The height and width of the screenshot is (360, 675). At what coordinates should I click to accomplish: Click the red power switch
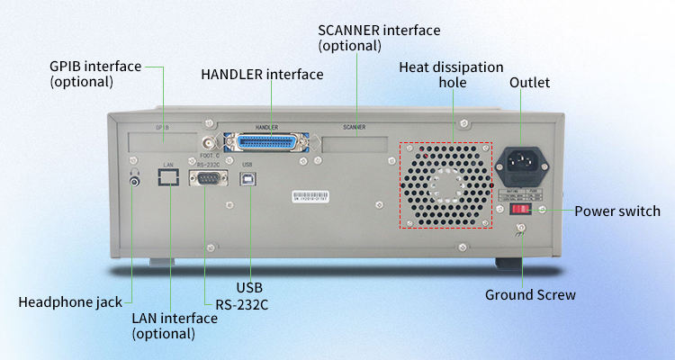[520, 209]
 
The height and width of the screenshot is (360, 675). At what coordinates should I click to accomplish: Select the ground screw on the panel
[520, 234]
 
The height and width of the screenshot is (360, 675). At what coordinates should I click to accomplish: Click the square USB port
[247, 179]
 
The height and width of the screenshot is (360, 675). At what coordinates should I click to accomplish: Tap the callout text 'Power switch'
[617, 211]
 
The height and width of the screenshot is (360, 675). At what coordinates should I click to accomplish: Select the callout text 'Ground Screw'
[530, 294]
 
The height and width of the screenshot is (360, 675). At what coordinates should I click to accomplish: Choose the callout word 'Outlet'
[529, 83]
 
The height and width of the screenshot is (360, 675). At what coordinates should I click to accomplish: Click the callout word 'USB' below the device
[249, 287]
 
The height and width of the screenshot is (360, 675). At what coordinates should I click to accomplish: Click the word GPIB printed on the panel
[163, 128]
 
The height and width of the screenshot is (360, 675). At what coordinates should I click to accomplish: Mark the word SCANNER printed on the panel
[355, 128]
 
